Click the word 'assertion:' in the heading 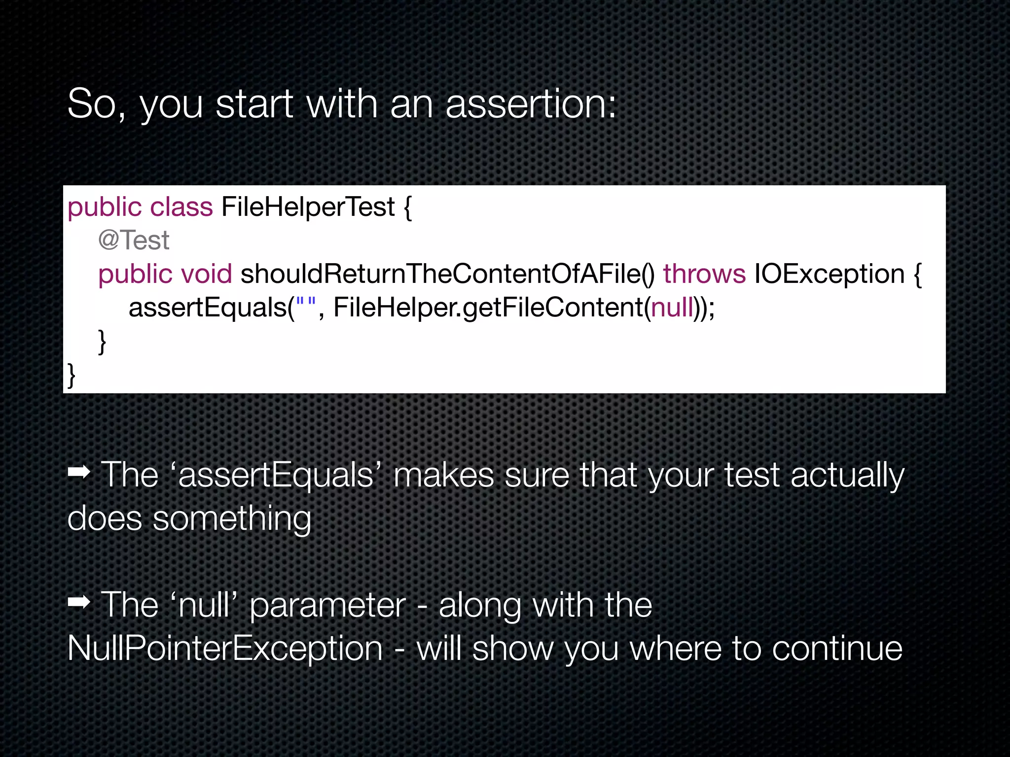point(531,104)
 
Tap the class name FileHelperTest point(308,206)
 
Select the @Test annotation point(134,241)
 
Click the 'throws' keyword point(704,274)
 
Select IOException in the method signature point(829,274)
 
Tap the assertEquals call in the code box point(208,308)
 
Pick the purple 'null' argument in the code point(672,308)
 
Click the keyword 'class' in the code point(181,206)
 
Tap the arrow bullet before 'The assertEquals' point(79,473)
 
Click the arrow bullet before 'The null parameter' point(79,602)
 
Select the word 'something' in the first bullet point(232,519)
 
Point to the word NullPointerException point(225,648)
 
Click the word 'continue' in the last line point(837,648)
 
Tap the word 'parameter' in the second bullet point(327,605)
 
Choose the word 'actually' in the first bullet point(847,476)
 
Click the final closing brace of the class point(72,375)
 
